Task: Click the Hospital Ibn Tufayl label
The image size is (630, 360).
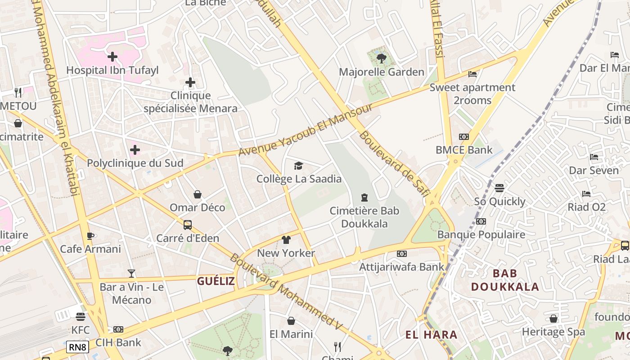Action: (112, 70)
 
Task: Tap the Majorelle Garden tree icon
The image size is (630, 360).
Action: (381, 58)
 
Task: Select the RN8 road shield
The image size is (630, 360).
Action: (78, 347)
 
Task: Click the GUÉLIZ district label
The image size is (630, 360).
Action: (216, 281)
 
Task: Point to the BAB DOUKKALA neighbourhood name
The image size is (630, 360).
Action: (505, 280)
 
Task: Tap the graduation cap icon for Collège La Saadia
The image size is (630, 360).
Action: (298, 166)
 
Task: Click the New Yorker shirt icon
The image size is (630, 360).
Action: (286, 240)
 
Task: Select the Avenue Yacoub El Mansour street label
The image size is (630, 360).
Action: (306, 130)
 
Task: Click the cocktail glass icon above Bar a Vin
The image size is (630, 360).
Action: (131, 273)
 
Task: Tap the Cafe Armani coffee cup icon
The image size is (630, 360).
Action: (90, 236)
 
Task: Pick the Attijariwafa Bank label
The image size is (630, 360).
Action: (402, 267)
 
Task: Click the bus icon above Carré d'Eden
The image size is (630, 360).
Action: (188, 225)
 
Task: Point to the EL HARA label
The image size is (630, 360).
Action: (432, 335)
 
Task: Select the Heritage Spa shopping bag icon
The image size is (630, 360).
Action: (553, 319)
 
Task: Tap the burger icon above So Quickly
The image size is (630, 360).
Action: (499, 188)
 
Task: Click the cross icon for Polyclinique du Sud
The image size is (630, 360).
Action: (135, 149)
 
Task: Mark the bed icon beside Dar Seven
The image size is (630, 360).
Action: (594, 157)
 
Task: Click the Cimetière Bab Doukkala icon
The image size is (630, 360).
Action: (364, 197)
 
